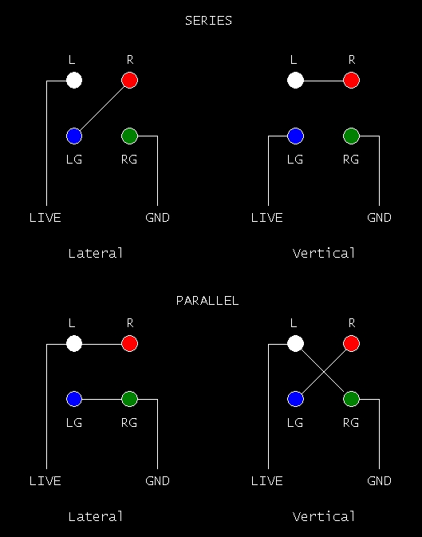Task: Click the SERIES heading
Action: [x=208, y=21]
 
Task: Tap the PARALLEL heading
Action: [x=207, y=301]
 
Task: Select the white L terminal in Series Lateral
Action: [x=74, y=81]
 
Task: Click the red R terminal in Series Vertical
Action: [x=352, y=81]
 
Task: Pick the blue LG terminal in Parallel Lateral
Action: [x=74, y=399]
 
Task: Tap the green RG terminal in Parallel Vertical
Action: [x=352, y=399]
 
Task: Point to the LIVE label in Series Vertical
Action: [x=266, y=218]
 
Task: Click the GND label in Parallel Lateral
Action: [x=158, y=481]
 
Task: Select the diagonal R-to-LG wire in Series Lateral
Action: [x=102, y=109]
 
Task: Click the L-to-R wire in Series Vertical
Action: [x=323, y=81]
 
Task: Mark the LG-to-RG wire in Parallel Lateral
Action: [x=102, y=399]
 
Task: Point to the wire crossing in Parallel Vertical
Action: [x=323, y=372]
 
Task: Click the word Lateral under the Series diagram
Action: [x=96, y=254]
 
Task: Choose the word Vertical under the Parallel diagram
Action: [x=324, y=516]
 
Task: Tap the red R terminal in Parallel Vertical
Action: [x=352, y=343]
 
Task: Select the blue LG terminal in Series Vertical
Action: [x=296, y=136]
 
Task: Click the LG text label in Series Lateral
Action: [x=74, y=160]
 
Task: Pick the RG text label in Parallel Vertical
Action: [x=351, y=423]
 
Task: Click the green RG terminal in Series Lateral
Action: [x=129, y=136]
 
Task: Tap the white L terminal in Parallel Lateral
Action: [x=74, y=343]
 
